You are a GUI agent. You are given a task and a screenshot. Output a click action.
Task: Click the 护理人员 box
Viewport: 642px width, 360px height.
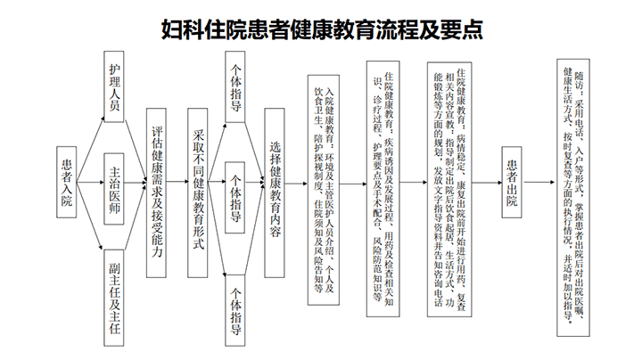click(x=114, y=86)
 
